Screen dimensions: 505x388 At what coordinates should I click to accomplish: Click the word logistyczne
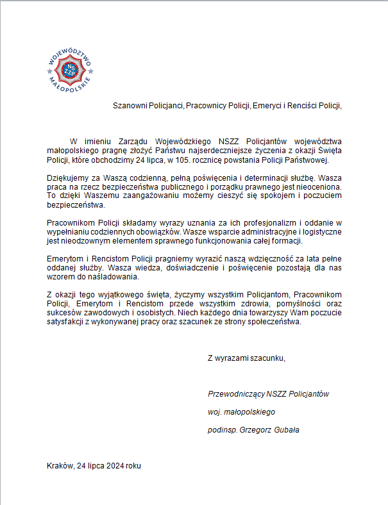[322, 231]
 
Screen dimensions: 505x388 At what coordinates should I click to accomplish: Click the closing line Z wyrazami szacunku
[246, 358]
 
